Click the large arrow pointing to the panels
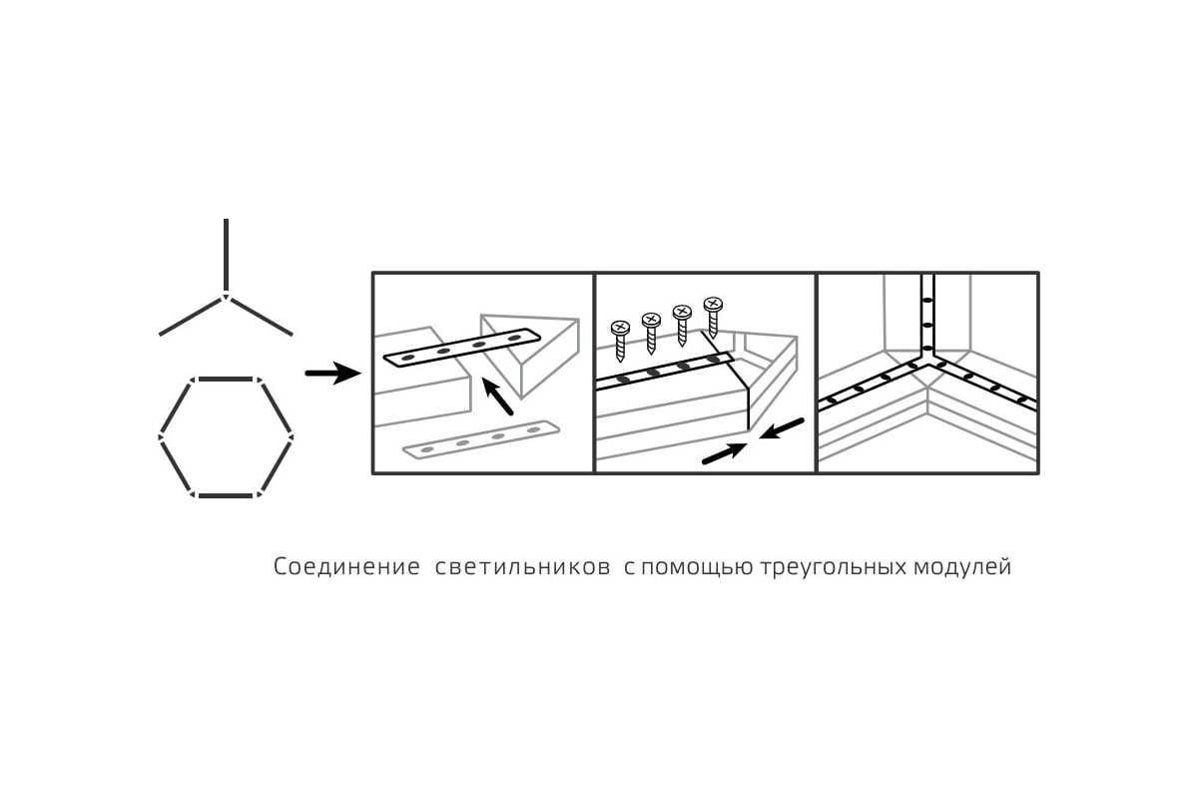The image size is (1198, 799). coord(332,375)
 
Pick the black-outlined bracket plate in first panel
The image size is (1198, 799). coord(461,348)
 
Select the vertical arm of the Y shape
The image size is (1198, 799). coord(227,254)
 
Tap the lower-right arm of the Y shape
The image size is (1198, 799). coord(262,317)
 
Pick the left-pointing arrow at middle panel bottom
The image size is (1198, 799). coord(783,428)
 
